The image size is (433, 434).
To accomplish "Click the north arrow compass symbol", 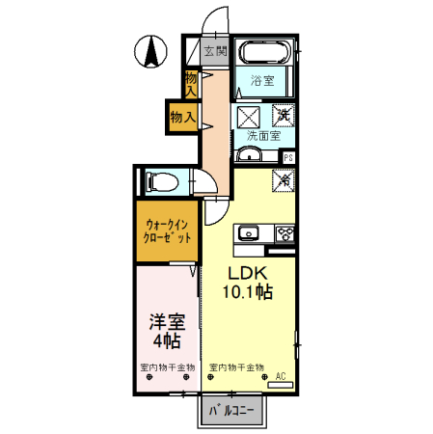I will [152, 51].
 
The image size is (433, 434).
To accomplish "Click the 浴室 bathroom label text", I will [262, 81].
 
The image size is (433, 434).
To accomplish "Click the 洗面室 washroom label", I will [261, 136].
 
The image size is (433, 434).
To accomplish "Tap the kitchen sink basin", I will [248, 232].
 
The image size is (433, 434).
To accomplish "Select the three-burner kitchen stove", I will [285, 232].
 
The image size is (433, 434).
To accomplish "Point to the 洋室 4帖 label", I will [166, 331].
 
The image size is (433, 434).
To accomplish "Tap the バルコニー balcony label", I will [231, 410].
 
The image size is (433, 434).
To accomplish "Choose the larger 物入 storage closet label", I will [182, 117].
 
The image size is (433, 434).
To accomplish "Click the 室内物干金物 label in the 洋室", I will [167, 367].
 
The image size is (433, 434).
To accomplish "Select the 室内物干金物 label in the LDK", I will [236, 367].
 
